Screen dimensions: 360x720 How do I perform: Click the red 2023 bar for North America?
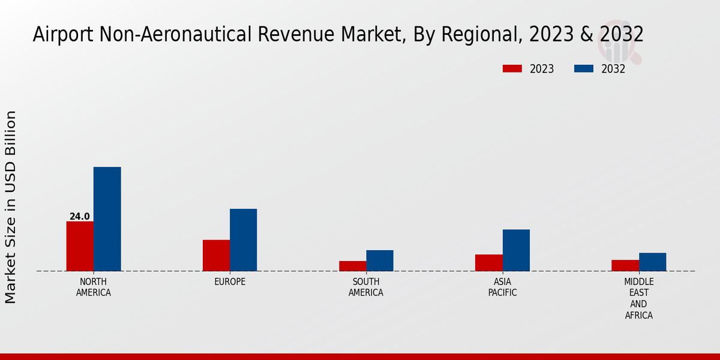coord(80,246)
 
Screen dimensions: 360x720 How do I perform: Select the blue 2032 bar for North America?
coord(107,219)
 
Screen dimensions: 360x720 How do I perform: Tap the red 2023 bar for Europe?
coord(216,256)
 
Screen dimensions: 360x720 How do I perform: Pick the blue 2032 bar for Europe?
coord(243,240)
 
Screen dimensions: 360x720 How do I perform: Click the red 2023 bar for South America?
coord(352,266)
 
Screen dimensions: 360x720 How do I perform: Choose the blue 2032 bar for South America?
coord(380,260)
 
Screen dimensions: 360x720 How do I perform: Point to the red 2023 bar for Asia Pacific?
coord(489,263)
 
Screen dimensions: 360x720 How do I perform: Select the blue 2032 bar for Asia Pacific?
coord(516,250)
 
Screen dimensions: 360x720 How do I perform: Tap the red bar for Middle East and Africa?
coord(625,265)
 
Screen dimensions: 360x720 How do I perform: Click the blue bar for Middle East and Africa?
coord(652,262)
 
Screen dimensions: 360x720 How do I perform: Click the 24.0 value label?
coord(80,217)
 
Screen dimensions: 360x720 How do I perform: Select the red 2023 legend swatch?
coord(512,69)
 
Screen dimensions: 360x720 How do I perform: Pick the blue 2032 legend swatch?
coord(584,69)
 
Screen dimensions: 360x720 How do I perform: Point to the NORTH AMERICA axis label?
coord(94,287)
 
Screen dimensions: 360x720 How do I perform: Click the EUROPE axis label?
coord(230,282)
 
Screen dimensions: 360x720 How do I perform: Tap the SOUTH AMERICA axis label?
coord(366,287)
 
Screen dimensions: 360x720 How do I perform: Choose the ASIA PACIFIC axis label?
coord(503,287)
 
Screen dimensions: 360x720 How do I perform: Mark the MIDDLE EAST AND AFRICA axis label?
coord(639,298)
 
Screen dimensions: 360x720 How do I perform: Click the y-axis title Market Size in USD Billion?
coord(11,207)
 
